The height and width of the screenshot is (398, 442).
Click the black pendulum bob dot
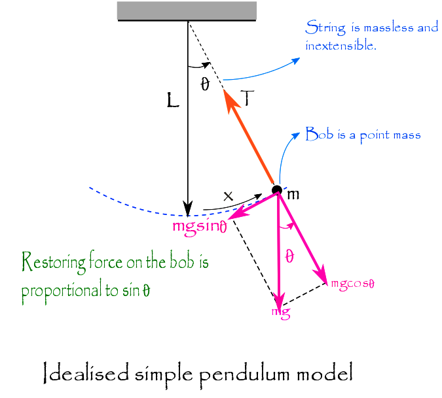click(277, 190)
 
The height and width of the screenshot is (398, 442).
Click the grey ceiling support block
click(187, 10)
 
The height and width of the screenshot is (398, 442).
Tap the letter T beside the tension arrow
click(248, 99)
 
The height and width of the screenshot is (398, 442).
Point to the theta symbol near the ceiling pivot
click(205, 85)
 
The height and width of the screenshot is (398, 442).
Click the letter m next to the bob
click(293, 194)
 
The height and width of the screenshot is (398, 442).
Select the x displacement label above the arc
click(228, 196)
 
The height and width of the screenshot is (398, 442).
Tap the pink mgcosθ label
click(357, 284)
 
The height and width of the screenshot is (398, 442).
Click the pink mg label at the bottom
click(281, 311)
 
